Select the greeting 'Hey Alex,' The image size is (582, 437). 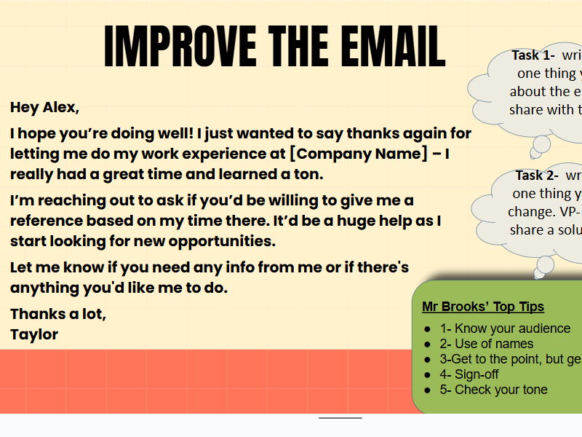(x=44, y=108)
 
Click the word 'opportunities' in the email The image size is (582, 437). (x=218, y=241)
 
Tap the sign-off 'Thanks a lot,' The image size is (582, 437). (x=58, y=315)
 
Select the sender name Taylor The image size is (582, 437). (x=34, y=334)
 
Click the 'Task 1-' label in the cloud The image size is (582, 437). (x=533, y=55)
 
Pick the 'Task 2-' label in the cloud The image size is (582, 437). (x=537, y=176)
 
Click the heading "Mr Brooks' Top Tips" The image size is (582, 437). (x=483, y=307)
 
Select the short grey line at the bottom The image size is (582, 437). (x=340, y=418)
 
